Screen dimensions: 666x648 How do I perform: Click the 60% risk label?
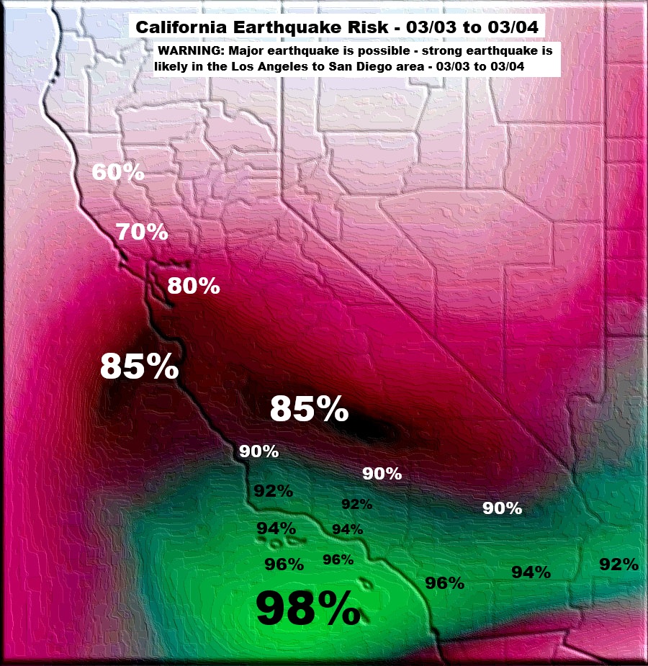point(119,173)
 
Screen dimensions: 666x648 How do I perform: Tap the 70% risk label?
point(142,232)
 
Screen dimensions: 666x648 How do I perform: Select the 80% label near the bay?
point(193,286)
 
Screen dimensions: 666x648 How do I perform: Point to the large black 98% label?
point(307,608)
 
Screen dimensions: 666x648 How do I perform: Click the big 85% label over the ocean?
point(139,366)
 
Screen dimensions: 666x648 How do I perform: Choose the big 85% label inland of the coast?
point(309,409)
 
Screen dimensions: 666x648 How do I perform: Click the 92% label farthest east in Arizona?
point(619,564)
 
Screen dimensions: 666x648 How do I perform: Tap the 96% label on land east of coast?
point(444,583)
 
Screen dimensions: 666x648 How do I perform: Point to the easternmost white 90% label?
point(502,508)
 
